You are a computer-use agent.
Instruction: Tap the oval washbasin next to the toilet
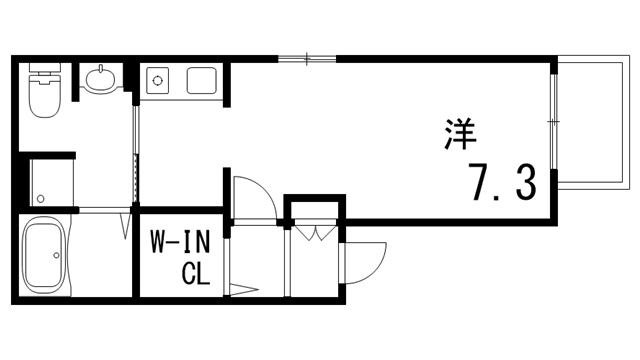tap(100, 80)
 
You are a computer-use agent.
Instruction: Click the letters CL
tap(195, 272)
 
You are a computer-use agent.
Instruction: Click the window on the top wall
tap(307, 59)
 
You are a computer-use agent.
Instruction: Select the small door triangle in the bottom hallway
tap(244, 291)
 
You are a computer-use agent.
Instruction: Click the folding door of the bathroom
tap(127, 224)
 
